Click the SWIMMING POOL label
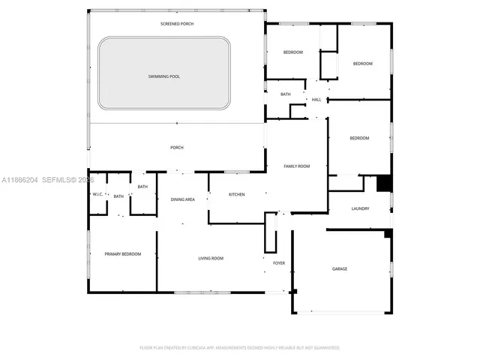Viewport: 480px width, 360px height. click(163, 76)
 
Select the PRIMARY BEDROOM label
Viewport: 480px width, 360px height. click(122, 254)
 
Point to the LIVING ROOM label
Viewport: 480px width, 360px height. click(211, 259)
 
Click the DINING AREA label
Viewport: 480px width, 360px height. click(182, 199)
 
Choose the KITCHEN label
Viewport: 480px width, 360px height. click(236, 195)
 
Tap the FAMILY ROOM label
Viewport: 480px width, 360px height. click(296, 166)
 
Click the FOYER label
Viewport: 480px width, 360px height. click(278, 263)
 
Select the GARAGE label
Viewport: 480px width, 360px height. click(340, 268)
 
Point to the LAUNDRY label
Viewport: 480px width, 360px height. click(360, 208)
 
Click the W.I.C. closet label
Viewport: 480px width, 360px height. click(97, 195)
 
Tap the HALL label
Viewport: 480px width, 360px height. click(316, 100)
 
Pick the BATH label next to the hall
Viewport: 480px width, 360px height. click(286, 94)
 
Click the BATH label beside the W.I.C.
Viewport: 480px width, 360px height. click(118, 196)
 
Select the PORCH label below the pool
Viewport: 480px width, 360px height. click(177, 148)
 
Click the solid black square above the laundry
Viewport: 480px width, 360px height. click(384, 183)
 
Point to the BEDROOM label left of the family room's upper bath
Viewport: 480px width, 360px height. click(292, 52)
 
